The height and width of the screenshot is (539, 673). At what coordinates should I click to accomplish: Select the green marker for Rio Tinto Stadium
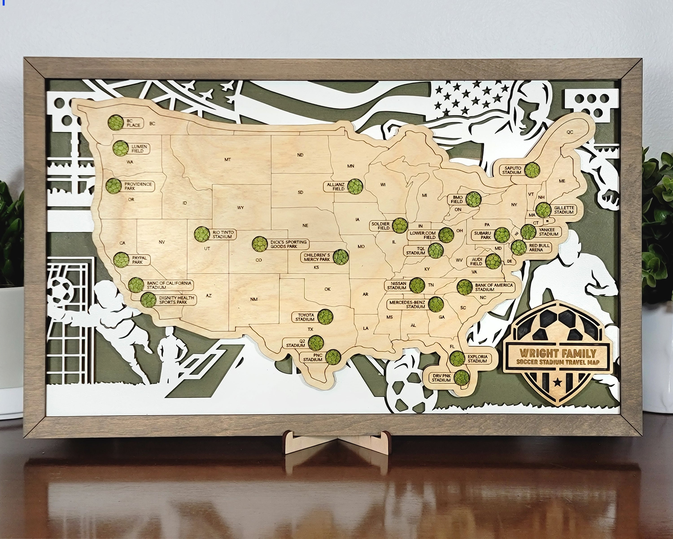202,234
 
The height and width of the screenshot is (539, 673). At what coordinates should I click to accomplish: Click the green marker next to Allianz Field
356,187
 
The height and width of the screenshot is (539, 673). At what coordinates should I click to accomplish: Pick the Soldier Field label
380,226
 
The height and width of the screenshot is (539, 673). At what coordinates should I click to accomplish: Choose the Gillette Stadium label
564,210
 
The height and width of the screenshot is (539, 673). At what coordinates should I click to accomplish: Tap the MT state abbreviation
227,160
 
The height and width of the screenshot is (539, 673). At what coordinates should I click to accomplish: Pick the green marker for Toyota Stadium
325,317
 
